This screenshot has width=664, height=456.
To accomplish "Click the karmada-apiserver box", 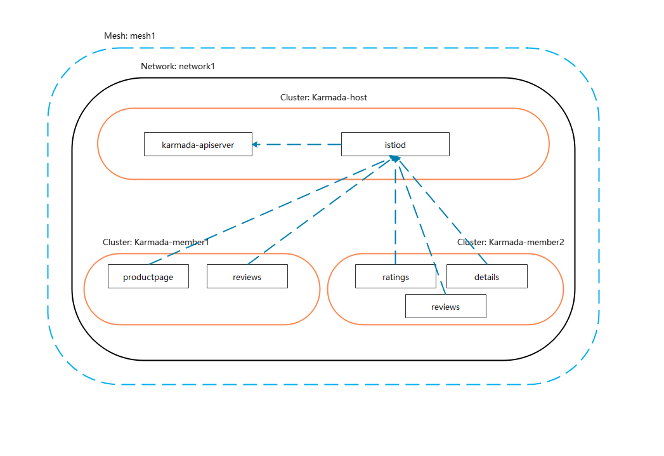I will point(198,145).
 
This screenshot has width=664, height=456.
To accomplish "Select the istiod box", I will point(395,145).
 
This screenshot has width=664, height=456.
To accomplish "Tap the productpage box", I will point(148,277).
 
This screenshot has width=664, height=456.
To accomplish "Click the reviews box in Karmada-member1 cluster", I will point(247,277).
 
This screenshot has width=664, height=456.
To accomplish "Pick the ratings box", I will point(395,277).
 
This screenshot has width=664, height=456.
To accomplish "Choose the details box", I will point(486,277).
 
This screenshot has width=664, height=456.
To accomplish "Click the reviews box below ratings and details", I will point(445,307).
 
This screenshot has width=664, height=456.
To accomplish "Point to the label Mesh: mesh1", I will point(129,36).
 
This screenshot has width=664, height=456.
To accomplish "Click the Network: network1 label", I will point(178,66).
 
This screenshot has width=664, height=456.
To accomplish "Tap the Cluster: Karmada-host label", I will point(323,98).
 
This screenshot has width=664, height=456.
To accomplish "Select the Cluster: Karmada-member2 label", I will point(511,242).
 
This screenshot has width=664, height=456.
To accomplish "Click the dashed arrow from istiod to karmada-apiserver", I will point(298,144).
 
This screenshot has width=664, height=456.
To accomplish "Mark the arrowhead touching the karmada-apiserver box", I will point(256,144).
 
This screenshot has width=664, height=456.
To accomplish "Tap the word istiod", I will point(395,145).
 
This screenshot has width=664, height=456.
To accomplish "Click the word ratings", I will point(395,277).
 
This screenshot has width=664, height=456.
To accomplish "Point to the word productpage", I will point(148,277).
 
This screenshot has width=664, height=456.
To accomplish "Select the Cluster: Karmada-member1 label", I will point(156,243).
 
